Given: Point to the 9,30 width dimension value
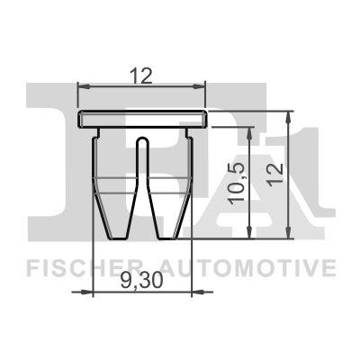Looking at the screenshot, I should [x=140, y=282].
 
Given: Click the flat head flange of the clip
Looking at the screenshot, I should [x=142, y=119].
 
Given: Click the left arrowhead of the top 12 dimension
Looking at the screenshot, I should [x=83, y=87].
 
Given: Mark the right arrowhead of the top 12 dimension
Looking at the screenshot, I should [x=202, y=87].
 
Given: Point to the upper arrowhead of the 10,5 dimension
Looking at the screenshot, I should [x=248, y=130].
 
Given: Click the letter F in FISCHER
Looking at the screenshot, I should [x=31, y=268].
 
